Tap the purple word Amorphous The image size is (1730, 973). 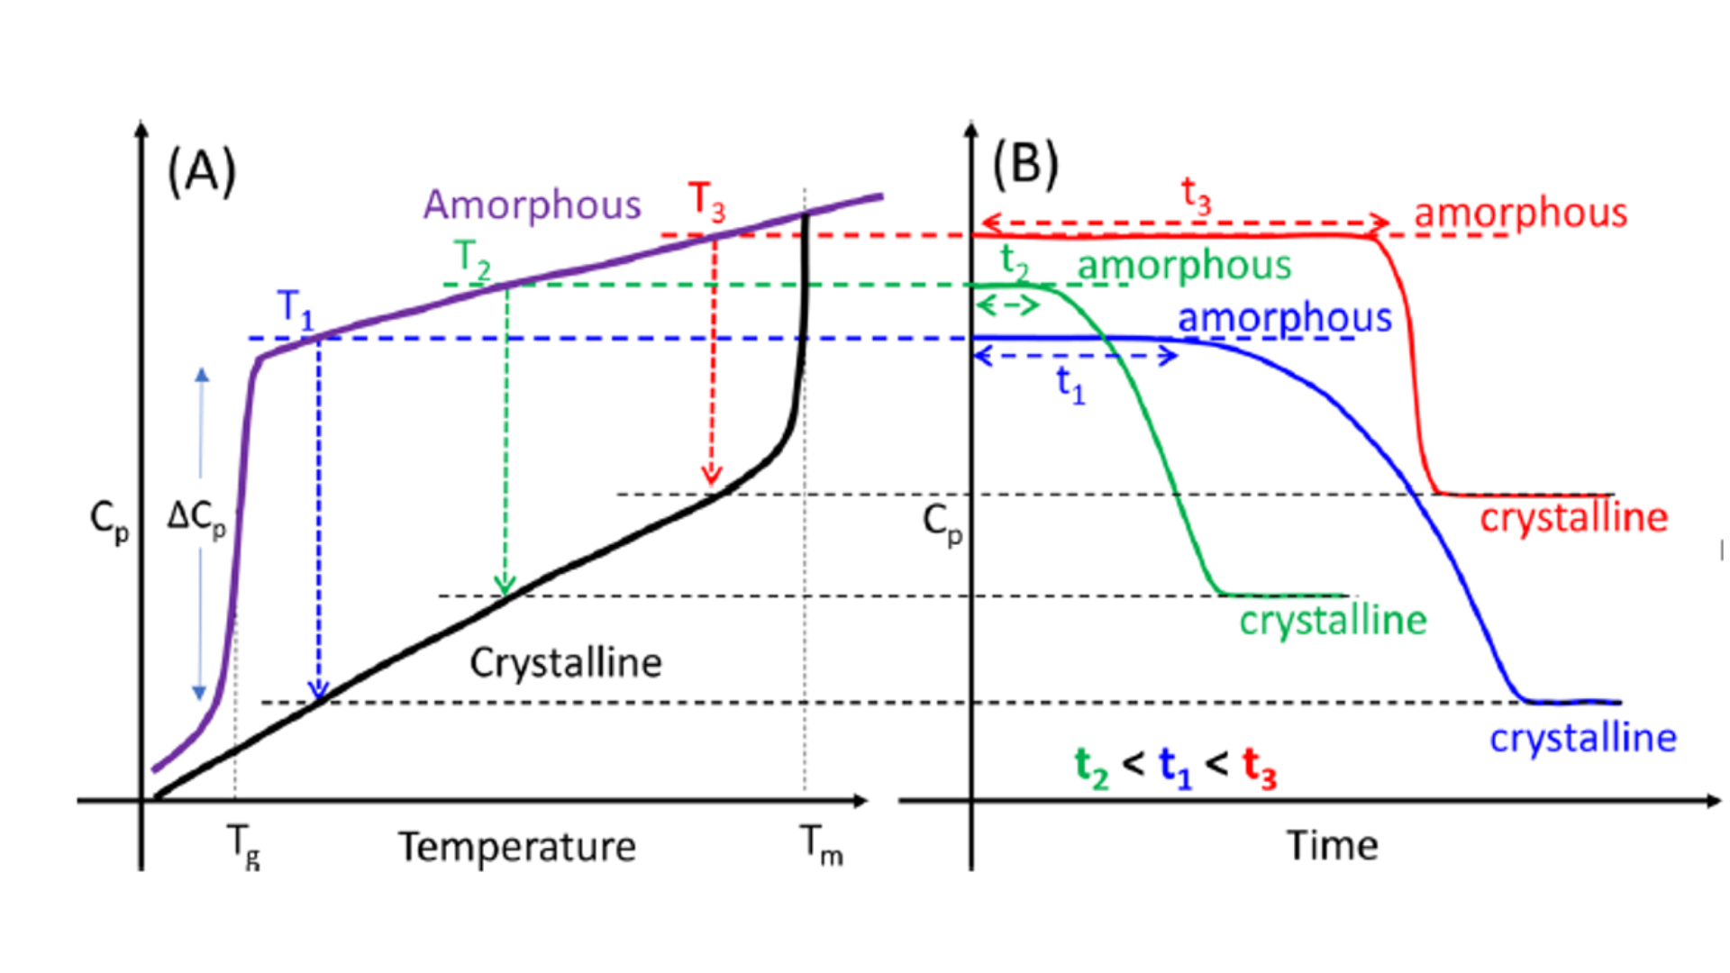[x=532, y=205]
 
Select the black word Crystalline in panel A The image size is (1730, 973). [x=566, y=663]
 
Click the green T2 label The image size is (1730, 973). [x=472, y=259]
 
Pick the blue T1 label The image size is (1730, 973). [x=296, y=308]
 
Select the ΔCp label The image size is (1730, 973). [x=196, y=519]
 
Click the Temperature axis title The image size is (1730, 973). [x=517, y=847]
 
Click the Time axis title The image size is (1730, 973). [x=1332, y=846]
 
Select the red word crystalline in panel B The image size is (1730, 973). [x=1574, y=518]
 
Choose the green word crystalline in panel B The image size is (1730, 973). [x=1333, y=621]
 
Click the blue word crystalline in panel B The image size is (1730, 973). [x=1583, y=739]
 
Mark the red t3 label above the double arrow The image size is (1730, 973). [x=1196, y=196]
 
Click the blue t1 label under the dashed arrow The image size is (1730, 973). [x=1070, y=386]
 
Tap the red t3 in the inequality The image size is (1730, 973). [x=1260, y=768]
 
